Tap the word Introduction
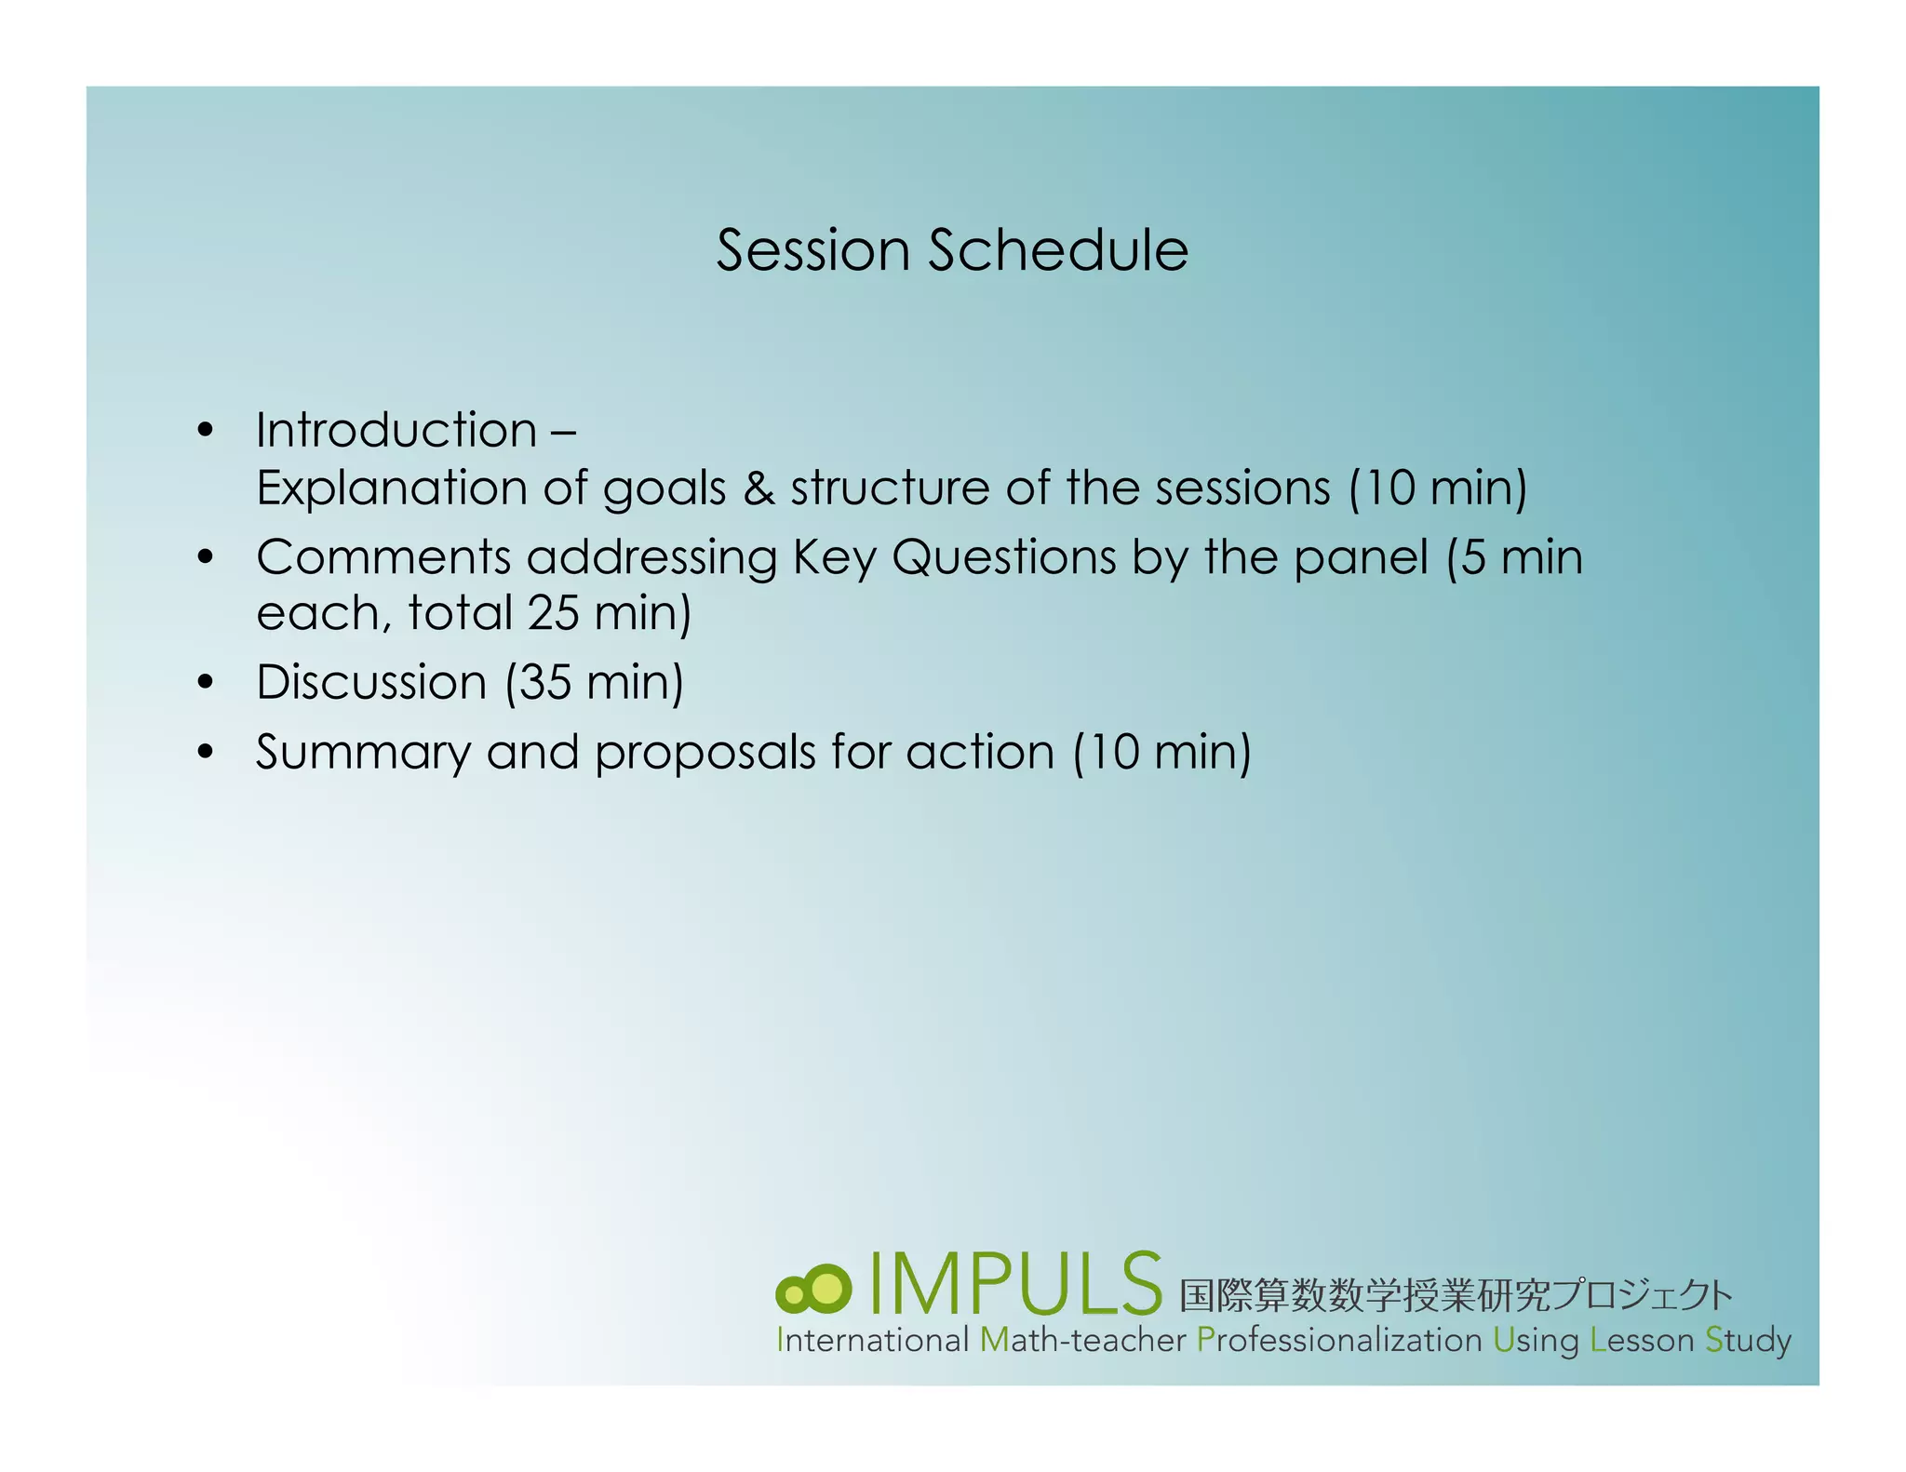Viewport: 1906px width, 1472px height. click(x=396, y=430)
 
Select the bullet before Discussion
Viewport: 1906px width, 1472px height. click(x=206, y=682)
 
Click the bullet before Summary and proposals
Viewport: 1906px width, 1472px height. click(x=206, y=752)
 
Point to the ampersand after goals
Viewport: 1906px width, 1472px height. click(x=758, y=488)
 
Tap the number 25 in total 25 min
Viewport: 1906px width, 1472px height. click(x=554, y=613)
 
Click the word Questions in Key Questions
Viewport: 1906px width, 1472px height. click(x=1003, y=557)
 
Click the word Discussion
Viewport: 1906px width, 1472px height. click(x=370, y=682)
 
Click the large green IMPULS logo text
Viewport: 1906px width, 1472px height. click(x=1015, y=1285)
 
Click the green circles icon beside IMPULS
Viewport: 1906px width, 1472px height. click(x=813, y=1290)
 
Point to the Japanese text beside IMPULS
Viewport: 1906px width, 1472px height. click(x=1455, y=1295)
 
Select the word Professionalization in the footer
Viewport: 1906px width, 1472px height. click(x=1338, y=1340)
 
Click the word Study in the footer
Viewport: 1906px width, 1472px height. click(x=1748, y=1340)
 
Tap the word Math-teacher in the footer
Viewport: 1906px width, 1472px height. click(x=1083, y=1340)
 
